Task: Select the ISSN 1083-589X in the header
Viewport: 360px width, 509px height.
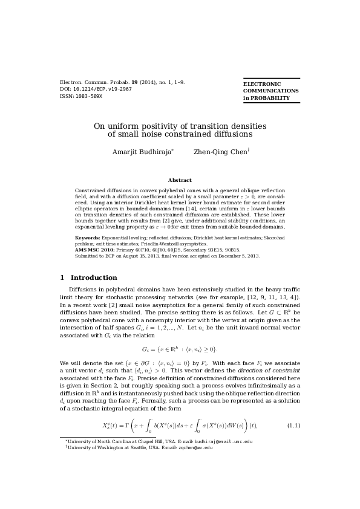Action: coord(88,96)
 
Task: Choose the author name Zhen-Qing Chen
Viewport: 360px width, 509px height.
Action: coord(220,152)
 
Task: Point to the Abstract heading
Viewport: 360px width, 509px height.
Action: coord(180,180)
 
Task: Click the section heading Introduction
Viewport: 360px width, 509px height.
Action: coord(94,278)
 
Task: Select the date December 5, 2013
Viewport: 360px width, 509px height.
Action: coord(240,256)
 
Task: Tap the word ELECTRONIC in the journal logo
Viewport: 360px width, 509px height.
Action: coord(262,84)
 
